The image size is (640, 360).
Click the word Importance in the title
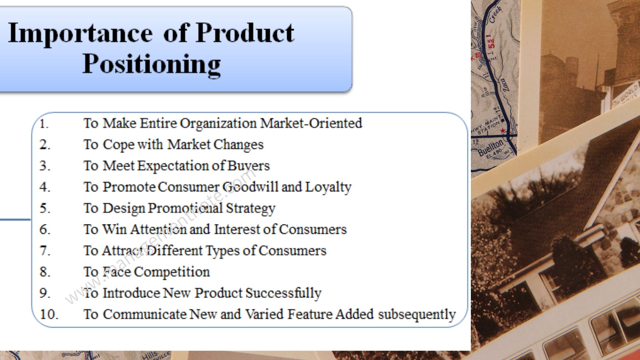point(80,34)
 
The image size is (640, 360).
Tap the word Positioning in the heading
point(151,64)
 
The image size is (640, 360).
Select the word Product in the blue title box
point(245,33)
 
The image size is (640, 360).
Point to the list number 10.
point(49,314)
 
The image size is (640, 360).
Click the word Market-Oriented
point(311,123)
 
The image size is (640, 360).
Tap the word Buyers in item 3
point(248,166)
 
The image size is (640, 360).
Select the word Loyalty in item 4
point(328,187)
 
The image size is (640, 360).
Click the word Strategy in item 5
point(251,208)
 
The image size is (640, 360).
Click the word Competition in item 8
point(172,272)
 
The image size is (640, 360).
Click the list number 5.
point(45,208)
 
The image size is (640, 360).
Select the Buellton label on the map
point(490,148)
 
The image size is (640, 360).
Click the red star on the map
point(503,131)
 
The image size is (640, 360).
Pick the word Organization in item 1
point(218,123)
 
